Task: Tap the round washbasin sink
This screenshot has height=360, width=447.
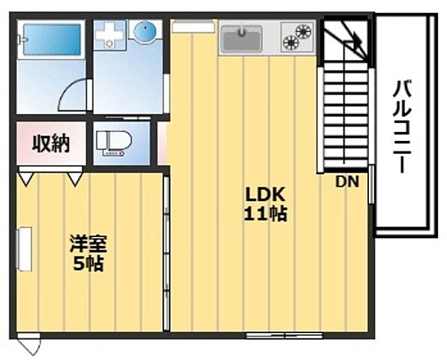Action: coord(144,32)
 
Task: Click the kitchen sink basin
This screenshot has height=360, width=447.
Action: coord(241,37)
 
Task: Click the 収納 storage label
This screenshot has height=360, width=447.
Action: coord(51,142)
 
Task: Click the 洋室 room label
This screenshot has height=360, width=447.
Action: coord(87,244)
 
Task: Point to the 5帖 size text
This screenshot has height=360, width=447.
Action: coord(88,263)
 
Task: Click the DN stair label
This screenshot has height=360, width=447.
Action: coord(346,181)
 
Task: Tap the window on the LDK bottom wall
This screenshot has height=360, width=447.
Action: coord(284,334)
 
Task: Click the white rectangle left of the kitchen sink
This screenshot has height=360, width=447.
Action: coord(193,27)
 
